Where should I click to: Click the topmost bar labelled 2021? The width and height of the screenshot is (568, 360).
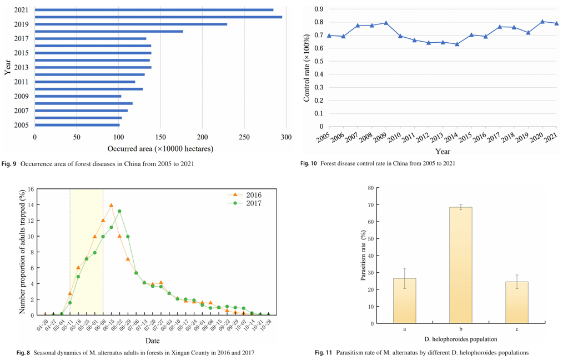(154, 10)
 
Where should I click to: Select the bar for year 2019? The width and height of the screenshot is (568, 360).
(131, 24)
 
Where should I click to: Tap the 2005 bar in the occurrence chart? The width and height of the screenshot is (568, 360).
(77, 125)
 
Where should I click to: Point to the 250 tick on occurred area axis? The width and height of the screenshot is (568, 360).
(244, 138)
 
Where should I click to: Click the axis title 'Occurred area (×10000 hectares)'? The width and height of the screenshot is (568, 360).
(160, 149)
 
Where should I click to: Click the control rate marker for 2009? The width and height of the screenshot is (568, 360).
(386, 23)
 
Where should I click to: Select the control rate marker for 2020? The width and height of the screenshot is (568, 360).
(542, 21)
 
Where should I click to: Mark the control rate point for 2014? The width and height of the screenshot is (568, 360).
(457, 44)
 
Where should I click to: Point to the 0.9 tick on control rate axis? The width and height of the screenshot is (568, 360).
(318, 9)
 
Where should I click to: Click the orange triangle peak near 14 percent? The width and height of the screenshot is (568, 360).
(111, 206)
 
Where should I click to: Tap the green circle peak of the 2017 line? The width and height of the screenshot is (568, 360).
(119, 211)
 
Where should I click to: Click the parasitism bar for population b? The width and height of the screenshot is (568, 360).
(461, 265)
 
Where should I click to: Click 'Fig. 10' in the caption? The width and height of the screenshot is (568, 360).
(308, 163)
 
